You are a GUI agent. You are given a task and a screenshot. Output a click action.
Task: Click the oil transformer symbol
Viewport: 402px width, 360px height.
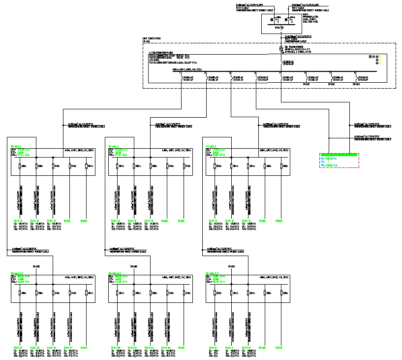coord(281,49)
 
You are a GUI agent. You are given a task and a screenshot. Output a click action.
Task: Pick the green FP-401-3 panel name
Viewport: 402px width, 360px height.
coord(211,146)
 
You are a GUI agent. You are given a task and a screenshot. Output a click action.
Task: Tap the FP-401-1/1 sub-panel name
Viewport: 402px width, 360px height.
coord(17,273)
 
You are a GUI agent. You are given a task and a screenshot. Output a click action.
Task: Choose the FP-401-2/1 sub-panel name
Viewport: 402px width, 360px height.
coord(115,273)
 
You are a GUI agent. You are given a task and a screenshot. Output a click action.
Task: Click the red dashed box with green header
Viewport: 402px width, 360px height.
coord(339,161)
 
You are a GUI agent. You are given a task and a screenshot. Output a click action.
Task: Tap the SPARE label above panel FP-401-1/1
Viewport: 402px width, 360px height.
coord(36,266)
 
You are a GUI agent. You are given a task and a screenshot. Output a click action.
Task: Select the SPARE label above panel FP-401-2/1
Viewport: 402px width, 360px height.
coord(133,266)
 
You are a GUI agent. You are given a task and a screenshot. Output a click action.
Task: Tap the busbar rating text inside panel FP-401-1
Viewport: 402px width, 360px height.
coord(79,150)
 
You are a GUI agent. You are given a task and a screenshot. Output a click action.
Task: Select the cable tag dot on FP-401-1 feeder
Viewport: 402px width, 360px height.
coord(63,125)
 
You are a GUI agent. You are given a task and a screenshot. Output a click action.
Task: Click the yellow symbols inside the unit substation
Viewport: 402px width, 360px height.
coord(379,60)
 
